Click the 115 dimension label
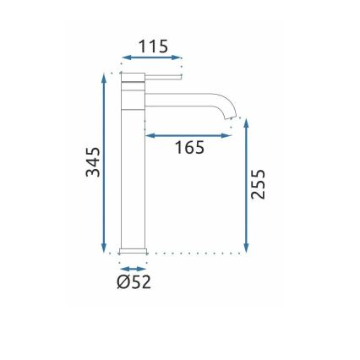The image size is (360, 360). click(x=153, y=46)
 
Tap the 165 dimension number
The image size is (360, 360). click(x=189, y=148)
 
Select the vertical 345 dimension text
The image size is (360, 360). click(x=93, y=162)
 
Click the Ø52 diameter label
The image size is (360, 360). click(x=134, y=281)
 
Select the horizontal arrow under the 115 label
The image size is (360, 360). click(x=152, y=58)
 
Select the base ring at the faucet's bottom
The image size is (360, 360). click(x=134, y=250)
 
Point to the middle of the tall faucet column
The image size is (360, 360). click(x=134, y=169)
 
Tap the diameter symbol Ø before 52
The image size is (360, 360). click(x=123, y=281)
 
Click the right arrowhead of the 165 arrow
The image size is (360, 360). click(x=227, y=134)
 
